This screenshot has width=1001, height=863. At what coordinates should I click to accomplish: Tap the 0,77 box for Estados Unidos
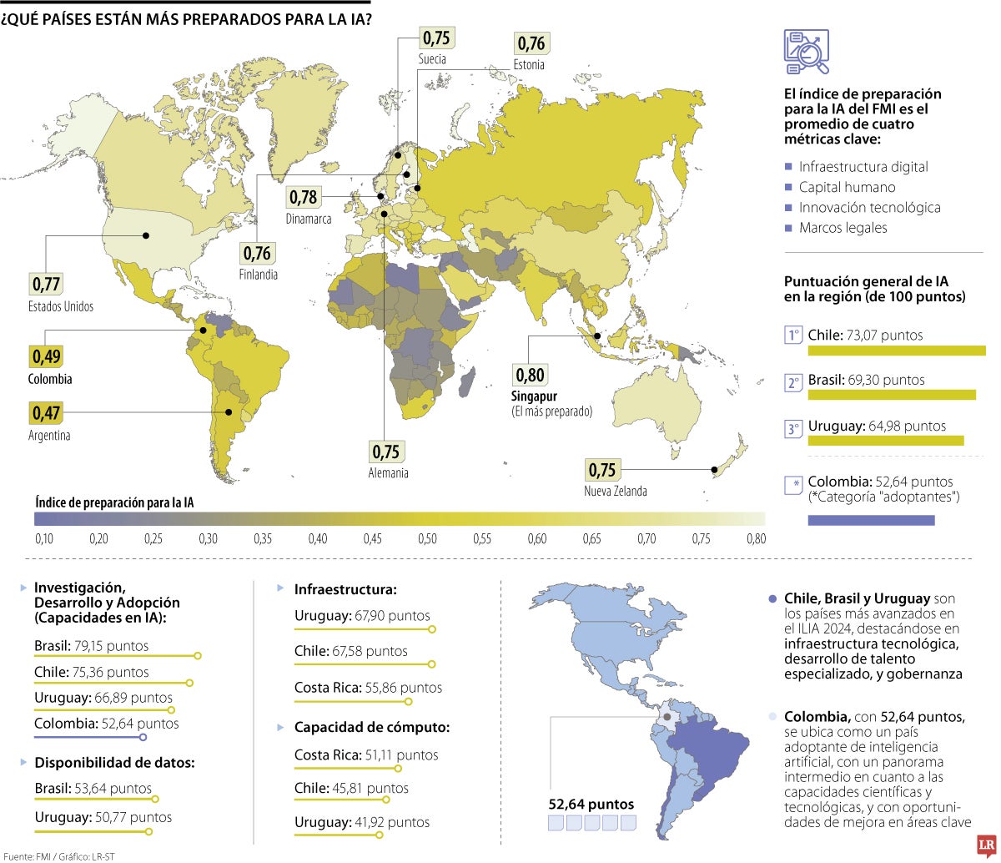[x=46, y=285]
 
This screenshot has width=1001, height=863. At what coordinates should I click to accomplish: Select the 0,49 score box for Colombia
[x=46, y=357]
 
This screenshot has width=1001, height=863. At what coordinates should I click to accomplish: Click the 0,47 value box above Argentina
[x=46, y=413]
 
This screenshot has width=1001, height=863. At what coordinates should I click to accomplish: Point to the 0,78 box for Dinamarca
[x=304, y=197]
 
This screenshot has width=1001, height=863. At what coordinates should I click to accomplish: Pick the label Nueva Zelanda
[x=615, y=491]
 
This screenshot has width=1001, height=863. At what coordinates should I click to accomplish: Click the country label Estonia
[x=529, y=64]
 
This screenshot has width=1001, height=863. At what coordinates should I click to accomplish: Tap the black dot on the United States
[x=146, y=235]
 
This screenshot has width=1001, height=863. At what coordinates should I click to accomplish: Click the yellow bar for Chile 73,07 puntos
[x=897, y=351]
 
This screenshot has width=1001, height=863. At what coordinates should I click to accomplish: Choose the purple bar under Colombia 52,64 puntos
[x=871, y=520]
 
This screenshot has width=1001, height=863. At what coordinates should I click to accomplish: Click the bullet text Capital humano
[x=847, y=187]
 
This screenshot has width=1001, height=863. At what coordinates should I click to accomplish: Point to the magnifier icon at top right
[x=806, y=51]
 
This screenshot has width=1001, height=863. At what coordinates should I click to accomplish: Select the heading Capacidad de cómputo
[x=371, y=727]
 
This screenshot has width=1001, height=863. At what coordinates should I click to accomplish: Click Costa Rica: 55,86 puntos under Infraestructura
[x=368, y=688]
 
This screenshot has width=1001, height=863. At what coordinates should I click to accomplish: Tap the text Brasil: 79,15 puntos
[x=92, y=645]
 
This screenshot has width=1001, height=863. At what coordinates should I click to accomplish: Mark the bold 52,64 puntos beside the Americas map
[x=591, y=805]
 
